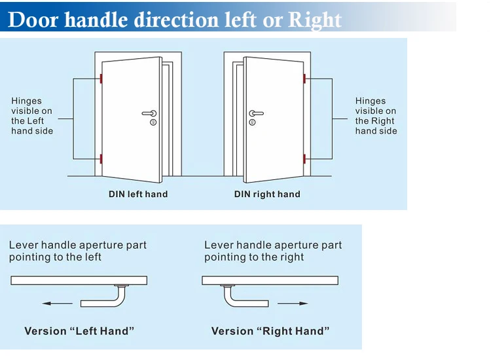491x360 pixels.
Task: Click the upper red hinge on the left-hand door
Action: (101, 79)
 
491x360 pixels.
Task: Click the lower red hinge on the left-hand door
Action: (101, 158)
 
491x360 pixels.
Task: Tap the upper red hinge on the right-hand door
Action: (304, 79)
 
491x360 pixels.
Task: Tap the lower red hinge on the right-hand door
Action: (304, 158)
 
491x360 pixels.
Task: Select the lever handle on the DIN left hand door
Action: (149, 113)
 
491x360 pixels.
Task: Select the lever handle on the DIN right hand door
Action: (257, 113)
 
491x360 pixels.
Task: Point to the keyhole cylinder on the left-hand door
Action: (153, 122)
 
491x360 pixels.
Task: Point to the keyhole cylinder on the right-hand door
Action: (253, 122)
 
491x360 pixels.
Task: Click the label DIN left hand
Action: (138, 194)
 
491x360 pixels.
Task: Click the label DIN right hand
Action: (267, 194)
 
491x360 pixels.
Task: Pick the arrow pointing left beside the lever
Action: (58, 303)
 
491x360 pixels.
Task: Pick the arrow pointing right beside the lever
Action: (293, 303)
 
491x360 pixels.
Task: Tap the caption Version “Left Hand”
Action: (79, 331)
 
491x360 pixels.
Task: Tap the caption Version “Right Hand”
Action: (270, 331)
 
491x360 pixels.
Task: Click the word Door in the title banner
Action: (33, 20)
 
